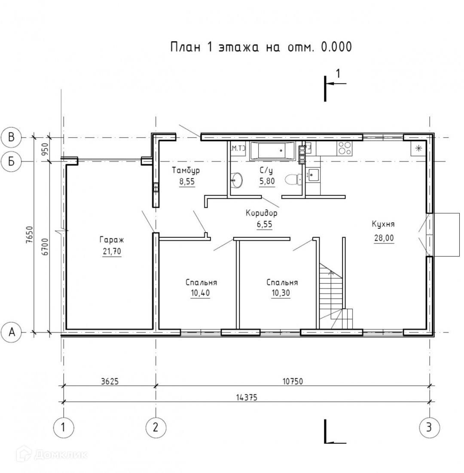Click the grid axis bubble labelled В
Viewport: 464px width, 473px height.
coord(11,137)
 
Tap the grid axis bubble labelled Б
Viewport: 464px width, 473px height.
coord(11,162)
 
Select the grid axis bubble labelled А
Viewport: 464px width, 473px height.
coord(12,332)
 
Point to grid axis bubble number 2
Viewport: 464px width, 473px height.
coord(156,427)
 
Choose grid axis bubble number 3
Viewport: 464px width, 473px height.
coord(429,427)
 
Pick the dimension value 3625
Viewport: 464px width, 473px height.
coord(110,381)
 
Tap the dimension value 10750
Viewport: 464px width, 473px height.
coord(293,381)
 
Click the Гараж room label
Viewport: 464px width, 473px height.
coord(112,240)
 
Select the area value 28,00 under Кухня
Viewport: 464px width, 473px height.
coord(384,238)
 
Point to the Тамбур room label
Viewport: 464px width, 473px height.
coord(186,170)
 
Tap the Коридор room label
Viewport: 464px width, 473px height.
coord(262,213)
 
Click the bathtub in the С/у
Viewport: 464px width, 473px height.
coord(272,151)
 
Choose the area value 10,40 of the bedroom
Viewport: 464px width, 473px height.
coord(200,293)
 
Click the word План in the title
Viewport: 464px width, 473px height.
coord(186,47)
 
